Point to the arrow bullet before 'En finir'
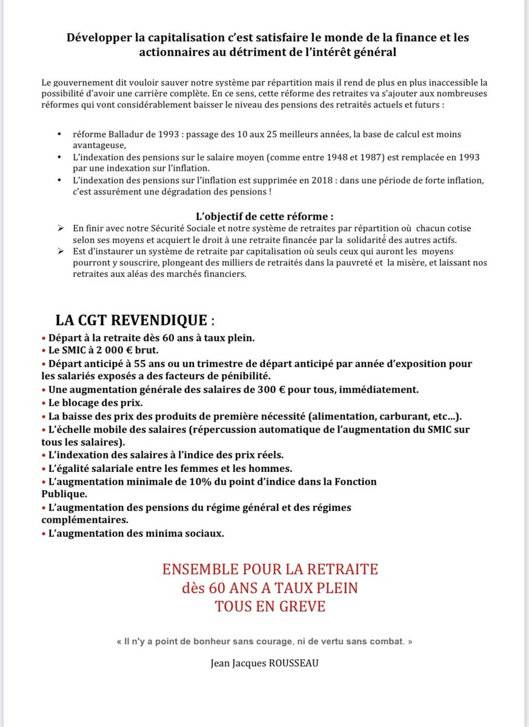(60, 227)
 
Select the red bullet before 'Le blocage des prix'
(43, 402)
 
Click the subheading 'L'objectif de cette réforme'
(264, 216)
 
